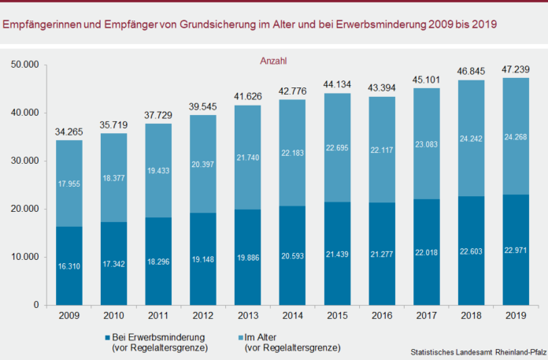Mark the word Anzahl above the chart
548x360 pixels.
pyautogui.click(x=273, y=60)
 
